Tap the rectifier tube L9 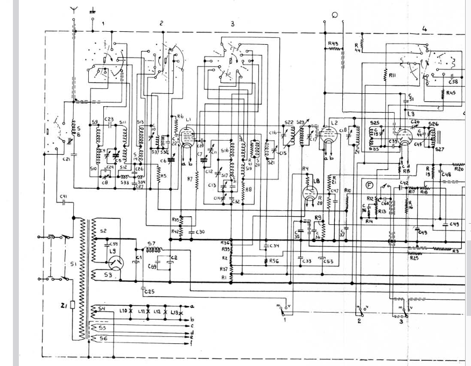pos(115,263)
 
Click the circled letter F pos(369,185)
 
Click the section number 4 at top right pos(424,29)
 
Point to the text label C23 pos(109,120)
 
